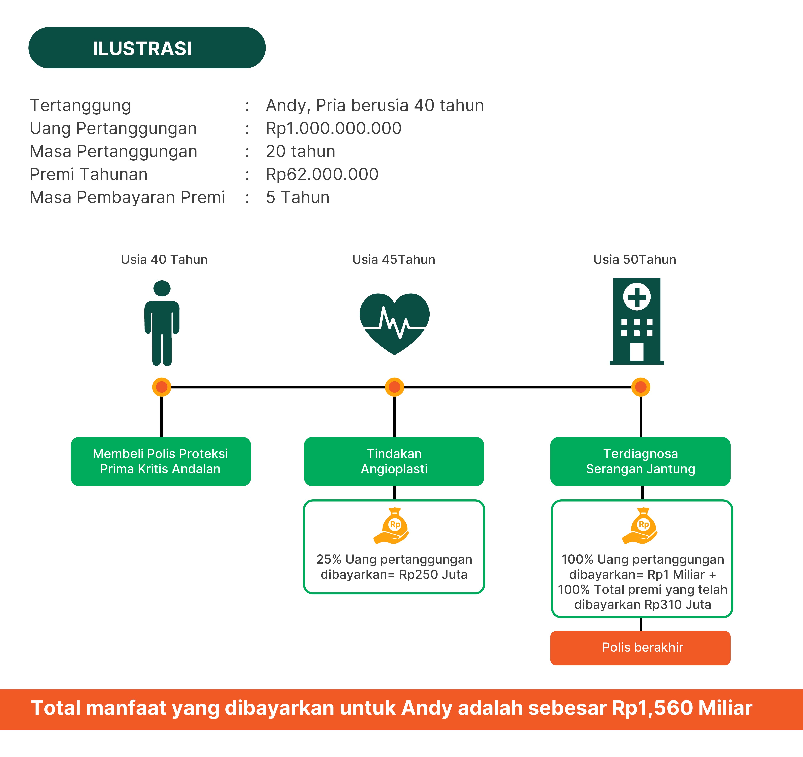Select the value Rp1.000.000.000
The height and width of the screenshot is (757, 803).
(x=333, y=128)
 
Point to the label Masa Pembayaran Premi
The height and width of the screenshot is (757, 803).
(x=127, y=198)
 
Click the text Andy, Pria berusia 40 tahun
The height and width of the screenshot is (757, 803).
(x=374, y=105)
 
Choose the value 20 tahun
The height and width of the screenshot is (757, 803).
(x=301, y=152)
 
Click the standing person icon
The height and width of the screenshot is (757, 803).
(x=162, y=323)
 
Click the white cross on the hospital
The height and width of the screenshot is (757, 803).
(x=637, y=297)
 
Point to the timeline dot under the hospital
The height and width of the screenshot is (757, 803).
(x=641, y=387)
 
